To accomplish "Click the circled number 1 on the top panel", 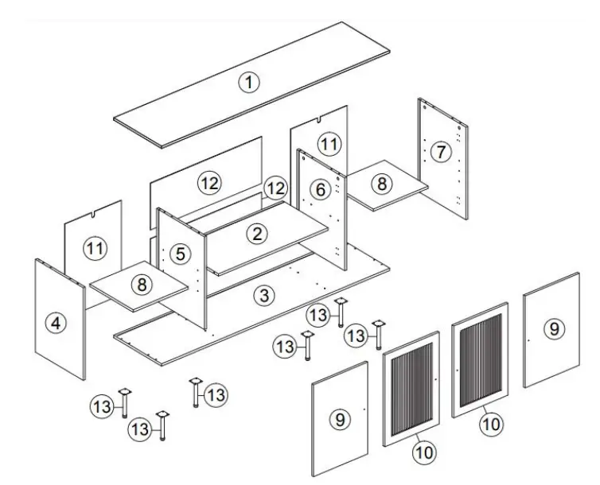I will (x=250, y=82).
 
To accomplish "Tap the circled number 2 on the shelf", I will (x=256, y=234).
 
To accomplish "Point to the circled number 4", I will (x=54, y=323).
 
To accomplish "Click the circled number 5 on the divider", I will (x=181, y=254).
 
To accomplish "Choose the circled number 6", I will (x=320, y=189).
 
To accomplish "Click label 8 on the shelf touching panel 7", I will (x=382, y=184).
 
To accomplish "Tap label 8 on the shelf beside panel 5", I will (x=141, y=284).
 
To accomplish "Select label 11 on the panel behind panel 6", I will (x=329, y=144).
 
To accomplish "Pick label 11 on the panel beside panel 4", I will (x=95, y=249).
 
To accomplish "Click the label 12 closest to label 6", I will (x=275, y=188).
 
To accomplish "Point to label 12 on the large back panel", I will (x=208, y=183).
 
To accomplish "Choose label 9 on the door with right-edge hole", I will (x=340, y=417).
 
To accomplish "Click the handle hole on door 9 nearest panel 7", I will (x=528, y=340).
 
